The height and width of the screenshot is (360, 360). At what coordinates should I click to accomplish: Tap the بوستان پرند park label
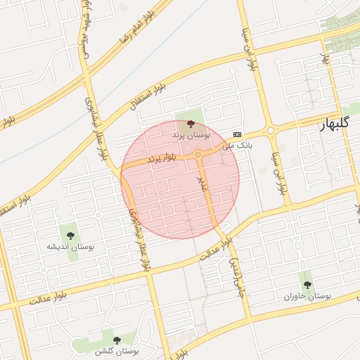pos(191,134)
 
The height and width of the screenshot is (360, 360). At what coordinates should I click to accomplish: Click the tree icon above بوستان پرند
pos(191,124)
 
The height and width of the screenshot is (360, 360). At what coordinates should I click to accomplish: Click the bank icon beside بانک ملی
pos(237,134)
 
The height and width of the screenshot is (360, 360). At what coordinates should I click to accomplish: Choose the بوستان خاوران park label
pos(307,296)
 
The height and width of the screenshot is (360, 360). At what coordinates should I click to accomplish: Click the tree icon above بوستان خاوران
pos(307,285)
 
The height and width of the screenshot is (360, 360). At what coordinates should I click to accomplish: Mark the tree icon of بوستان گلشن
pos(117,340)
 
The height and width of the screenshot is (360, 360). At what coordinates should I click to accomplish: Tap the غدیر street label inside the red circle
pos(204,184)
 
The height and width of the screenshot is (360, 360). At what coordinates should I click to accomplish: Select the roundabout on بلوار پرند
pos(198,155)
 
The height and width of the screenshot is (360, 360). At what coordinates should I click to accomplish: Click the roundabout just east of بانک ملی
pos(269,130)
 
